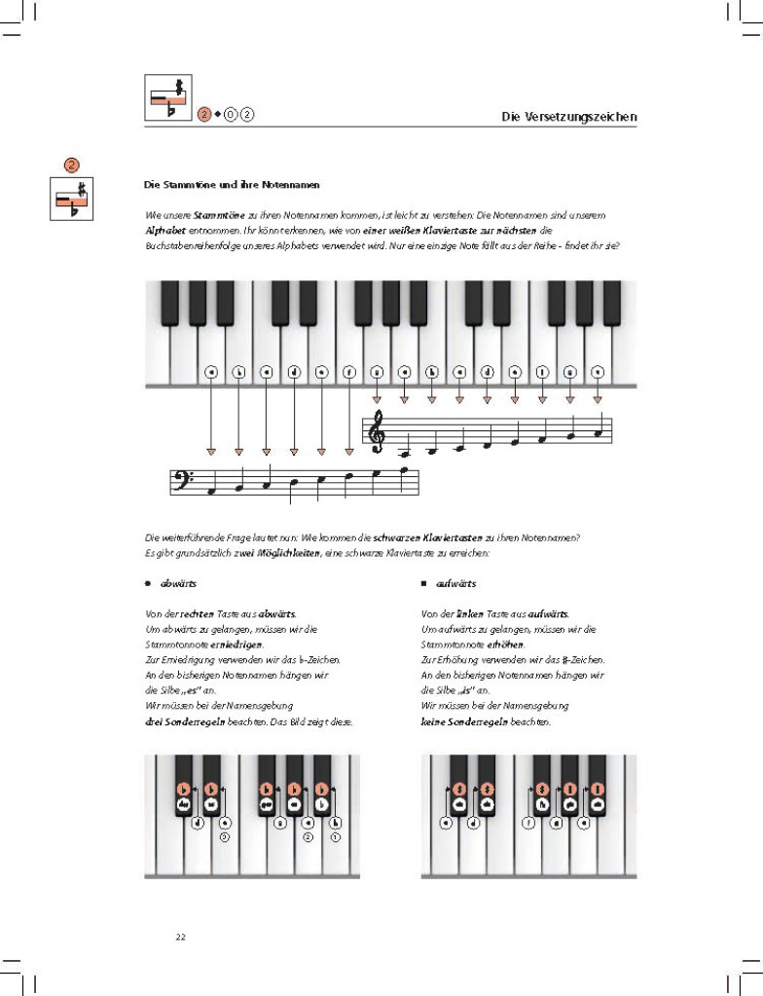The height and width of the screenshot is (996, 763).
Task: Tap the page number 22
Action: click(x=180, y=938)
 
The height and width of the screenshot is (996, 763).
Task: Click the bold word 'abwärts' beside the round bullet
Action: click(x=179, y=585)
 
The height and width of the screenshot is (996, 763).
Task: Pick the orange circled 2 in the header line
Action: click(x=204, y=116)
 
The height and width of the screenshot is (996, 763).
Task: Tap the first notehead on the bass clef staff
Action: click(x=210, y=492)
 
